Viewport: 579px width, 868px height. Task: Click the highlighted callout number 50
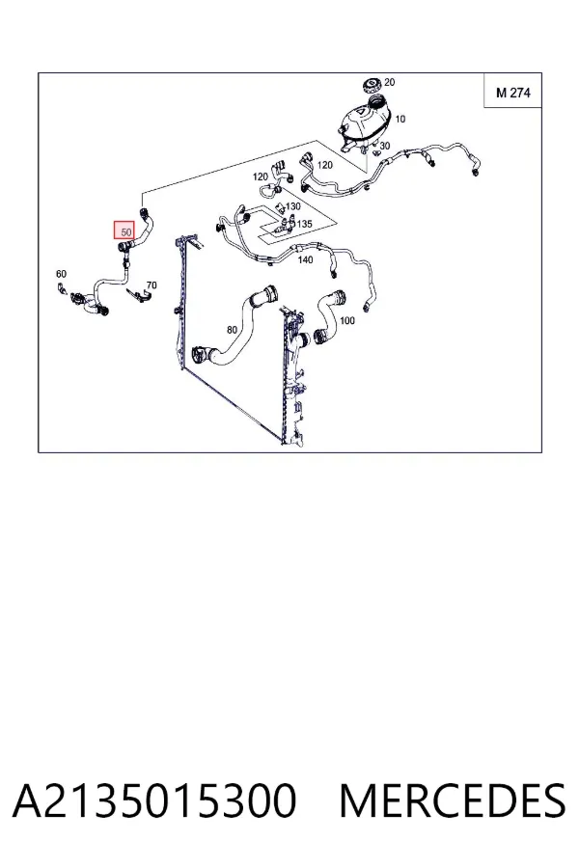tap(124, 231)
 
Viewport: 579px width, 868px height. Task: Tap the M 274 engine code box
tap(512, 91)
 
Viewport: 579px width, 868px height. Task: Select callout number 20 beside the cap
tap(390, 82)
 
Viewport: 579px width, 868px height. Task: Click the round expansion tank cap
tap(372, 86)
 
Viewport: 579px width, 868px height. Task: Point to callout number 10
tap(400, 119)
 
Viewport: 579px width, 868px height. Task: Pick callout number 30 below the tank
tap(384, 146)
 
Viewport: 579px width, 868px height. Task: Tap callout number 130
tap(292, 206)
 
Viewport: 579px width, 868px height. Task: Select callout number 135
tap(304, 224)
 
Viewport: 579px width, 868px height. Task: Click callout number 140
tap(305, 259)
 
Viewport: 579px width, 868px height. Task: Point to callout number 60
tap(61, 274)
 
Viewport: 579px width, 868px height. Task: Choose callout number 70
tap(152, 285)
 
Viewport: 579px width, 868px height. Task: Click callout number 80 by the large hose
tap(232, 330)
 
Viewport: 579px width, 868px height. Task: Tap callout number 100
tap(346, 320)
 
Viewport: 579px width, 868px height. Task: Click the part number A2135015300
tap(154, 800)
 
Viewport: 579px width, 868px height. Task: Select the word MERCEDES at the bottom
tap(453, 800)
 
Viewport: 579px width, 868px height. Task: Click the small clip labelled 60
tap(62, 288)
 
